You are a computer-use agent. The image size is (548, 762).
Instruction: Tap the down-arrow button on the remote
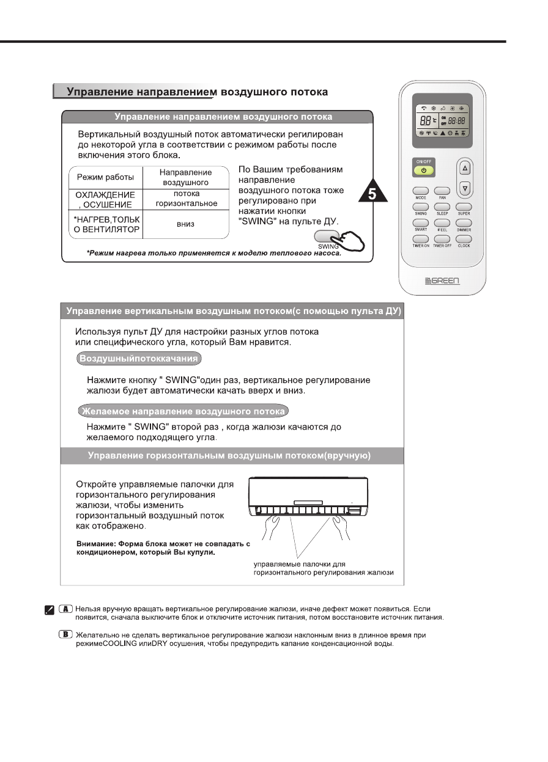465,188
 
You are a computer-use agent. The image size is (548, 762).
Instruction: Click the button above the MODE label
420,191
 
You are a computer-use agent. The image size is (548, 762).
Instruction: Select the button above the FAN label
442,191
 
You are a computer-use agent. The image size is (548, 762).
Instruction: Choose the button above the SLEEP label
442,207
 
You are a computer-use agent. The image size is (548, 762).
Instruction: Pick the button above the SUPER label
464,207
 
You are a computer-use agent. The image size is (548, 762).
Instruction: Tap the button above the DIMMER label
464,223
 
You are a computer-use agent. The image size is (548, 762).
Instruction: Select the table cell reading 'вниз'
186,224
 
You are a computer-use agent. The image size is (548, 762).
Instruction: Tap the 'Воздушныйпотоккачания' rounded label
140,358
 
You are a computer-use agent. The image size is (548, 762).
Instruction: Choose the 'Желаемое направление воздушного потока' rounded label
183,411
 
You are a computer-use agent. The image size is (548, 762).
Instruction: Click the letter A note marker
66,609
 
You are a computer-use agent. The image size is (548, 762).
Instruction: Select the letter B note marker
66,635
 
